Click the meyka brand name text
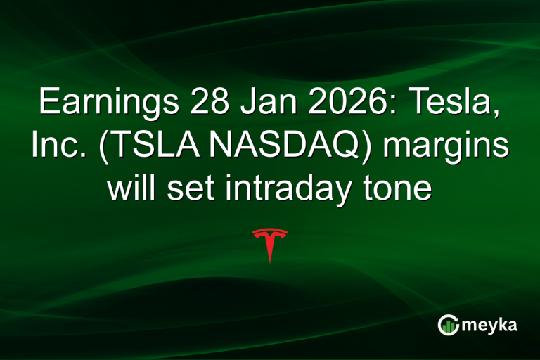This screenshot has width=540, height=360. tap(490, 326)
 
